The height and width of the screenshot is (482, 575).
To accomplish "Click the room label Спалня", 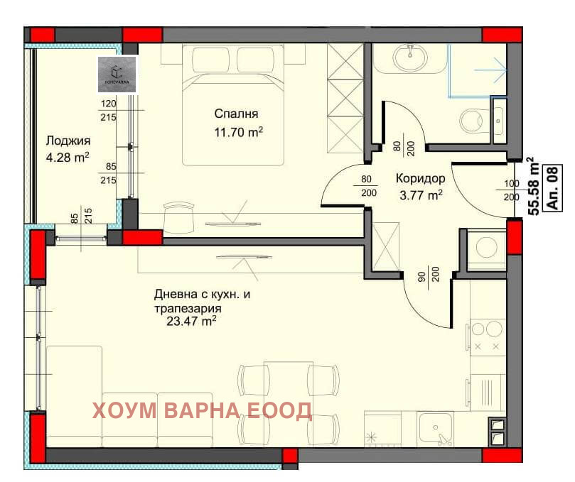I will (236, 114).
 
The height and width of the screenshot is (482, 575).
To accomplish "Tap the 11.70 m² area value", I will (239, 131).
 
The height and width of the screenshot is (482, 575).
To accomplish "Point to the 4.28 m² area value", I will (68, 157).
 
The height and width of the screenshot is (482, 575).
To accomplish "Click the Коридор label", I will (420, 179).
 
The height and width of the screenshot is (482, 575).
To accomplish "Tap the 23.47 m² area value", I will (190, 322).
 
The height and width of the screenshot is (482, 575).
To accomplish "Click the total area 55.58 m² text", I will (531, 187).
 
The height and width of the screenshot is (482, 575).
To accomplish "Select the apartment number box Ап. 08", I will (552, 187).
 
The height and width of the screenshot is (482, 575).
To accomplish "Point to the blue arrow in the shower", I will (490, 70).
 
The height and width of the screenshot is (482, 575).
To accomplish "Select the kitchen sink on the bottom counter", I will (436, 428).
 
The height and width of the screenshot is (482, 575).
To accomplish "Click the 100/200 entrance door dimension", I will (511, 190).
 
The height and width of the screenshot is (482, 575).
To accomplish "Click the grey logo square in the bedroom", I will (117, 73).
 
